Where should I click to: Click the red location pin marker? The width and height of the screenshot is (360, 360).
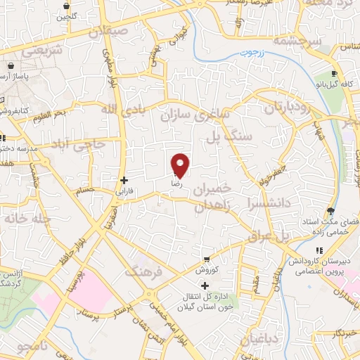(x=181, y=165)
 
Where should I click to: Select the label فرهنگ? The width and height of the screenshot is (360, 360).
(x=143, y=270)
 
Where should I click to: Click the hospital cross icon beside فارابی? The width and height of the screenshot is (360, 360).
(x=124, y=181)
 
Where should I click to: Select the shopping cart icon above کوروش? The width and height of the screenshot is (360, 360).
(x=206, y=259)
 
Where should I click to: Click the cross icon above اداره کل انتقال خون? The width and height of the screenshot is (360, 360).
(x=205, y=285)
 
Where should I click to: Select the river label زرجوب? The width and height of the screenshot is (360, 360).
(x=247, y=53)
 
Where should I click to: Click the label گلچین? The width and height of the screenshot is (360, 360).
(x=65, y=15)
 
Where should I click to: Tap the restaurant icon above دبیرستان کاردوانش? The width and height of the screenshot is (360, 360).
(x=319, y=250)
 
